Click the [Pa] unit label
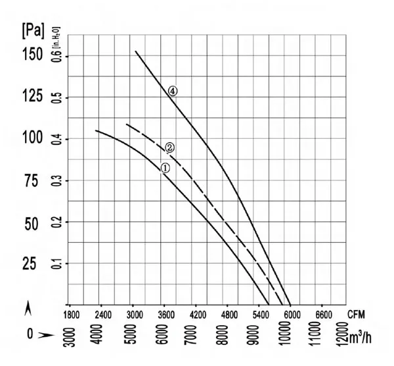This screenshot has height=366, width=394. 33,31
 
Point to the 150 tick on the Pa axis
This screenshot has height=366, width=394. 33,55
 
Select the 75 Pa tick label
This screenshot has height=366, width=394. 32,180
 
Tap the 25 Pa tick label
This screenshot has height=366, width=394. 30,264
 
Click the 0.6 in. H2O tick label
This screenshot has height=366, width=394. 56,55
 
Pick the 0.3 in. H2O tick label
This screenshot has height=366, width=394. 56,180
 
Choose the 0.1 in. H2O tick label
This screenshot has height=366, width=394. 56,263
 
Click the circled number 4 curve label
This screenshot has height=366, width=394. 173,91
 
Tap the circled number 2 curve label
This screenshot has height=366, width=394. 169,147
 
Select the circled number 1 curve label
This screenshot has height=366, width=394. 165,169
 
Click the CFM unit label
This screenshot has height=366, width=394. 356,315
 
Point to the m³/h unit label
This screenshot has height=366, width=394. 360,338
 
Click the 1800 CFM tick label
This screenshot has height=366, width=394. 72,315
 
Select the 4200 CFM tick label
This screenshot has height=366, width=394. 198,315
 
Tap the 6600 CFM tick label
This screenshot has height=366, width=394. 324,315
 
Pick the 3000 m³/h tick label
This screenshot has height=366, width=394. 69,337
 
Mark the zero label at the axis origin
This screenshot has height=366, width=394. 30,334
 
